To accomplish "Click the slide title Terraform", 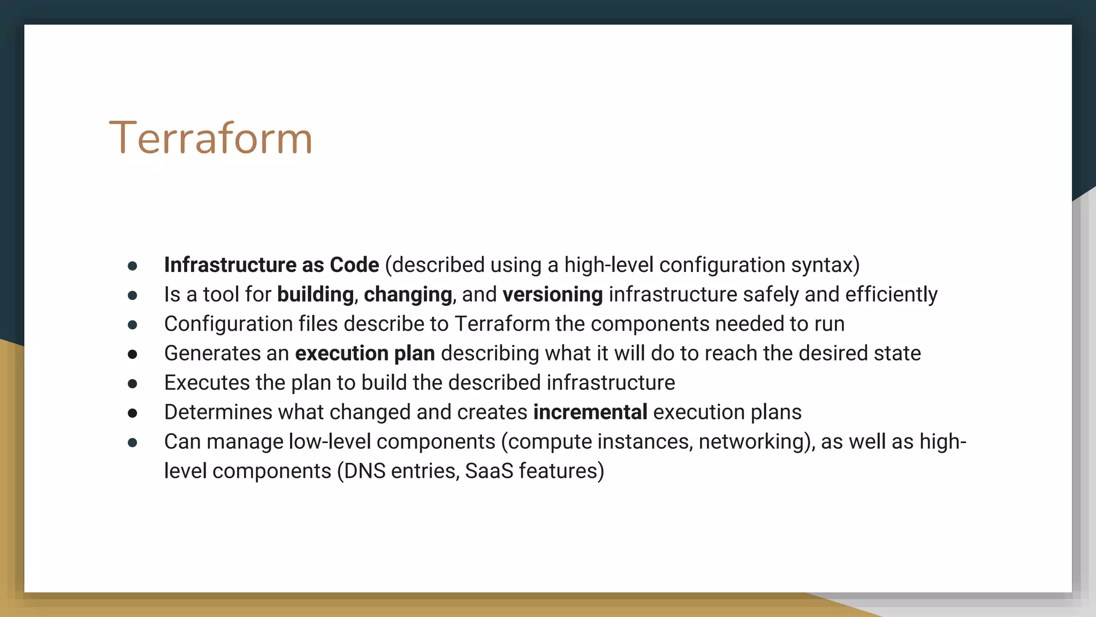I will click(210, 138).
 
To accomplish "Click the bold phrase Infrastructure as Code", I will click(271, 265).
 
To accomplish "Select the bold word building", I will click(315, 295).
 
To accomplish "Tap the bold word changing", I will click(408, 295).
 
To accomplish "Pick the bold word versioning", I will click(552, 295).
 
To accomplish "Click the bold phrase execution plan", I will click(364, 353).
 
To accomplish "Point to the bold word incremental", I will click(590, 412).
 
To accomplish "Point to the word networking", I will click(752, 442).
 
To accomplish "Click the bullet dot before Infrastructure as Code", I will click(133, 266).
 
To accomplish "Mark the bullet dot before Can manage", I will click(133, 443).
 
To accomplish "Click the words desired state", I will click(859, 353).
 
